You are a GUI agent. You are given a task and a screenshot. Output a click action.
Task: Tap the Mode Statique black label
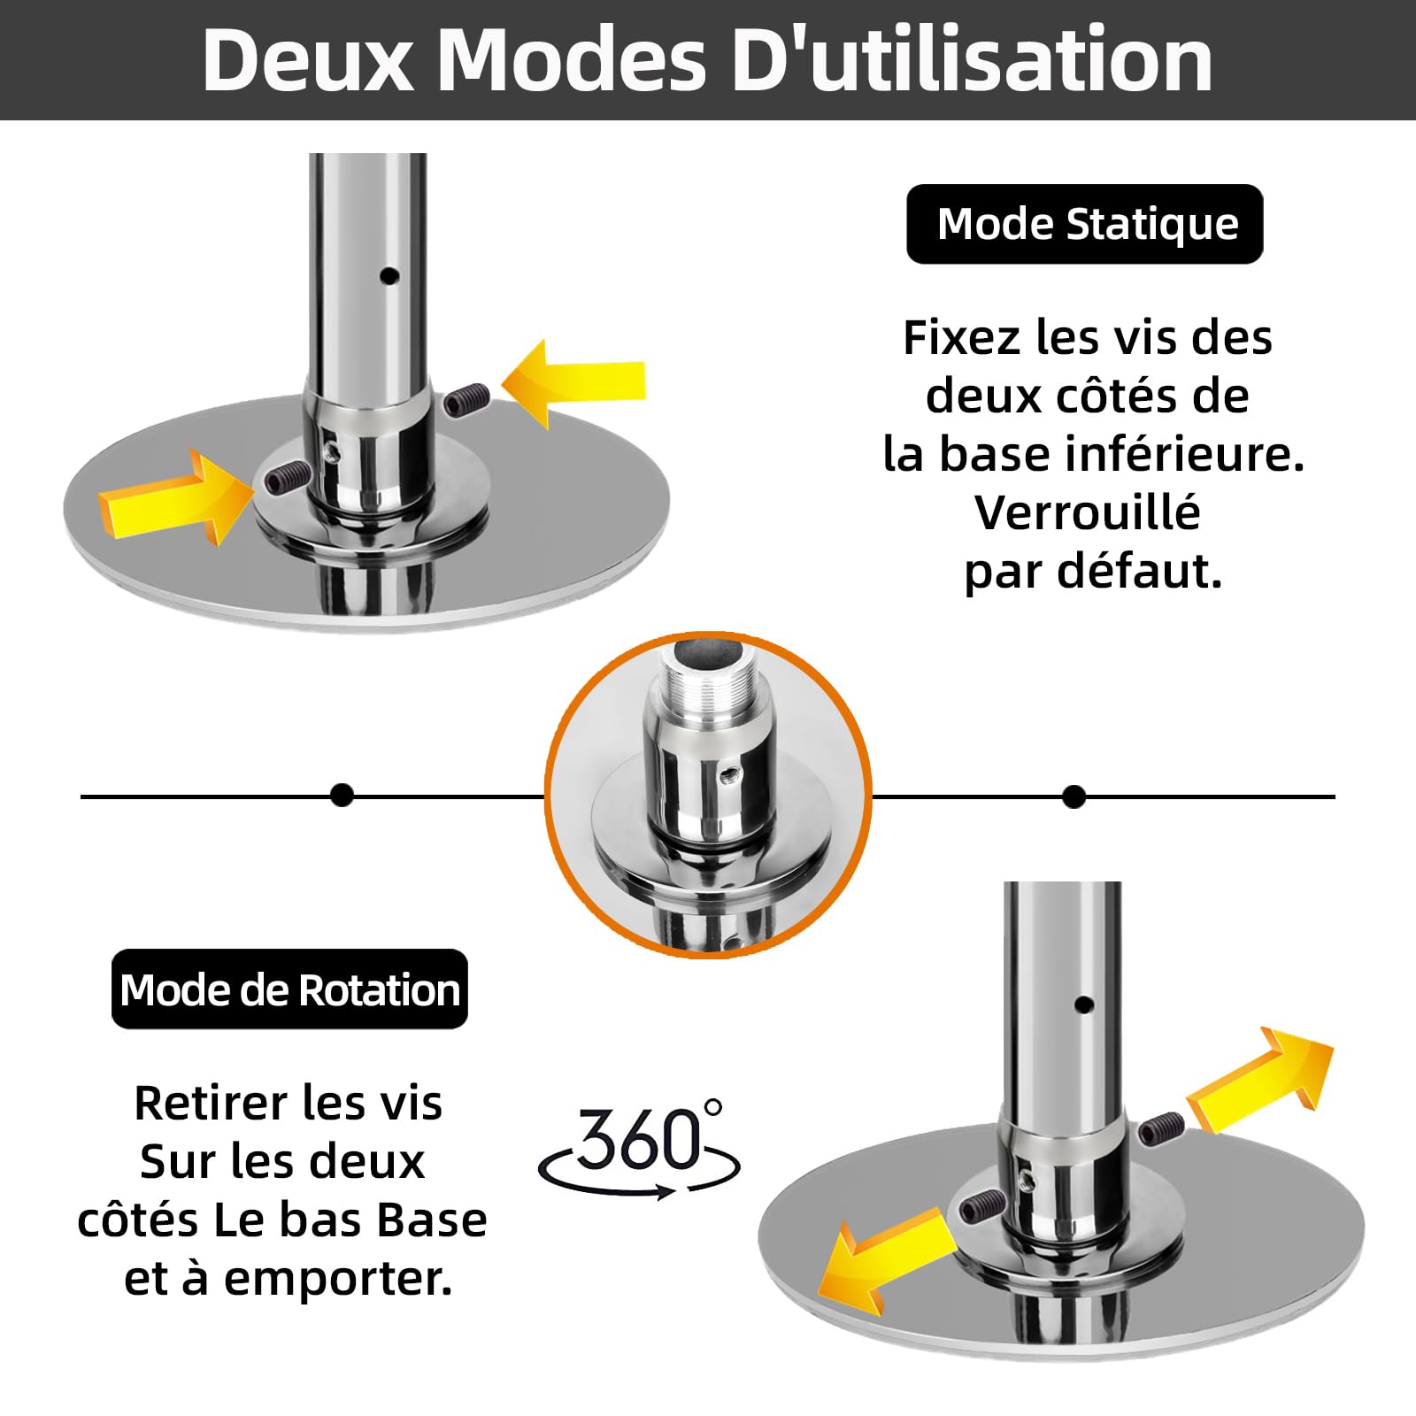tap(1084, 224)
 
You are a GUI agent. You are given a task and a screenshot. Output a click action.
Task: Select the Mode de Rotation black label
tap(289, 989)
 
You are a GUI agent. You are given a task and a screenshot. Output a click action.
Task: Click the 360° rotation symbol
tap(639, 1148)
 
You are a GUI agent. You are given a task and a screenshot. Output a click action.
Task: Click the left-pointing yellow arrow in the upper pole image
tap(573, 383)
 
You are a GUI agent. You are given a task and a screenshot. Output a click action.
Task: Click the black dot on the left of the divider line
tap(342, 796)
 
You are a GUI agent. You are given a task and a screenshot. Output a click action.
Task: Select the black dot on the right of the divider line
tap(1074, 797)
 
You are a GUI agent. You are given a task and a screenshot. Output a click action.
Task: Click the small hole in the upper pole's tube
tap(389, 276)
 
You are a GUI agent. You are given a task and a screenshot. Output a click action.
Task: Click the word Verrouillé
tap(1088, 512)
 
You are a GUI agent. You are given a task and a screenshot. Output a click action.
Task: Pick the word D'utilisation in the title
tap(973, 59)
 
